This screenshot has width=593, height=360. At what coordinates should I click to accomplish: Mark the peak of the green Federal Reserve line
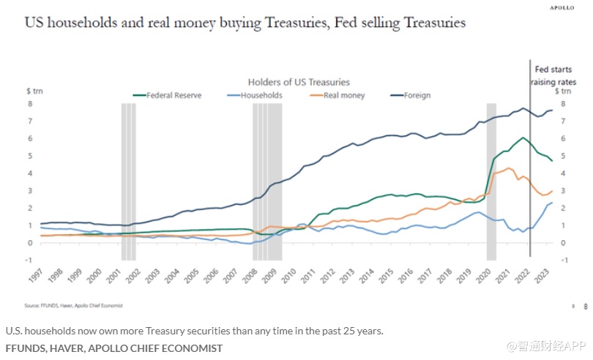522,137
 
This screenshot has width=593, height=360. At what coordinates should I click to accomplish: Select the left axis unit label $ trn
34,91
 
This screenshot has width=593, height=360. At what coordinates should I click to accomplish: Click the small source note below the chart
73,304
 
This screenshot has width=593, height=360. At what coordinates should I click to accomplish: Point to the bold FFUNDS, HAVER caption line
113,348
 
